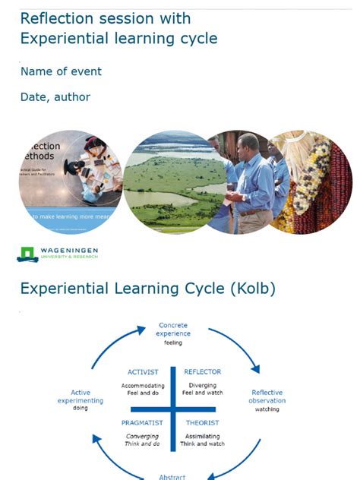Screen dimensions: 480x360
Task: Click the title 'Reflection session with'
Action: (105, 18)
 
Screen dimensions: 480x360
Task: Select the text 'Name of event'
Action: (61, 71)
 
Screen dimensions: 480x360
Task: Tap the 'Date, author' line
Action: (55, 97)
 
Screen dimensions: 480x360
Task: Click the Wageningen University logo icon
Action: (27, 254)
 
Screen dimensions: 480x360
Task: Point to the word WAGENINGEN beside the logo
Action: (69, 251)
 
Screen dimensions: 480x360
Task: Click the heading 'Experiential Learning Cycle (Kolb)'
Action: (147, 289)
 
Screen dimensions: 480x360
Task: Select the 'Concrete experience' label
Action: (173, 329)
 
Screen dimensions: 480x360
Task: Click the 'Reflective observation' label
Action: (267, 396)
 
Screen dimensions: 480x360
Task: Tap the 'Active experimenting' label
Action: (81, 396)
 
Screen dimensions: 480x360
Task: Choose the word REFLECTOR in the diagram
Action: (202, 372)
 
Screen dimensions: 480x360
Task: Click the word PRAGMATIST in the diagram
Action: (142, 422)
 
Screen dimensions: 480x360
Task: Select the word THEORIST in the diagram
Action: (202, 422)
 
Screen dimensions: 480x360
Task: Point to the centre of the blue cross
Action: (173, 409)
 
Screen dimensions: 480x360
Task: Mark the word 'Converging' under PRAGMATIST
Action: (142, 436)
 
